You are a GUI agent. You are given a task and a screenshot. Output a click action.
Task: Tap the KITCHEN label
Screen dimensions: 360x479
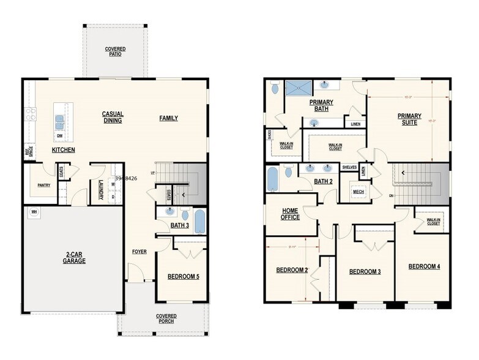(x=64, y=149)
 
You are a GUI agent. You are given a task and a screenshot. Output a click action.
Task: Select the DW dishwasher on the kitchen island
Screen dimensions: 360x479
(x=60, y=135)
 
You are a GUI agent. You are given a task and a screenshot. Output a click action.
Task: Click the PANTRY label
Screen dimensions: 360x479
(x=44, y=184)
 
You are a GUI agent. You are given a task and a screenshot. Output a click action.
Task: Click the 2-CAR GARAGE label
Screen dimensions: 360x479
(x=74, y=258)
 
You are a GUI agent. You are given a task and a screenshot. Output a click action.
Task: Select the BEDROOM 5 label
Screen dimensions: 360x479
(x=183, y=277)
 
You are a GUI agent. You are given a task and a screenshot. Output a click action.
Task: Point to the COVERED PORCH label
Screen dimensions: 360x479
(x=166, y=319)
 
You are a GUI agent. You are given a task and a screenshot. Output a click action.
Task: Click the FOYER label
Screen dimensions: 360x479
(x=139, y=252)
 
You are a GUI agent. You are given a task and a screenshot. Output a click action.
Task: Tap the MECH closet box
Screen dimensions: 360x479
(x=358, y=192)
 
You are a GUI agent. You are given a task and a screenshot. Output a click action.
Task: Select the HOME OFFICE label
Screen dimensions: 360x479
(x=290, y=214)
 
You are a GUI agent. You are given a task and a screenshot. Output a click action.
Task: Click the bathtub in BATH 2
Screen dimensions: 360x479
(x=273, y=179)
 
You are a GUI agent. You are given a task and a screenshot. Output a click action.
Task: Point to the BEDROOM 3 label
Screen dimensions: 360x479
(x=365, y=271)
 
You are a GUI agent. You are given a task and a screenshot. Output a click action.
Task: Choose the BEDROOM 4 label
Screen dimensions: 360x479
(x=424, y=266)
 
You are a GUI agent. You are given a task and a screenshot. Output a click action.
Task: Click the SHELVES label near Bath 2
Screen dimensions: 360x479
(x=349, y=167)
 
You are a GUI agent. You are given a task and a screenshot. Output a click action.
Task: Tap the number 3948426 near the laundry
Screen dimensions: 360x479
(x=126, y=179)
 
